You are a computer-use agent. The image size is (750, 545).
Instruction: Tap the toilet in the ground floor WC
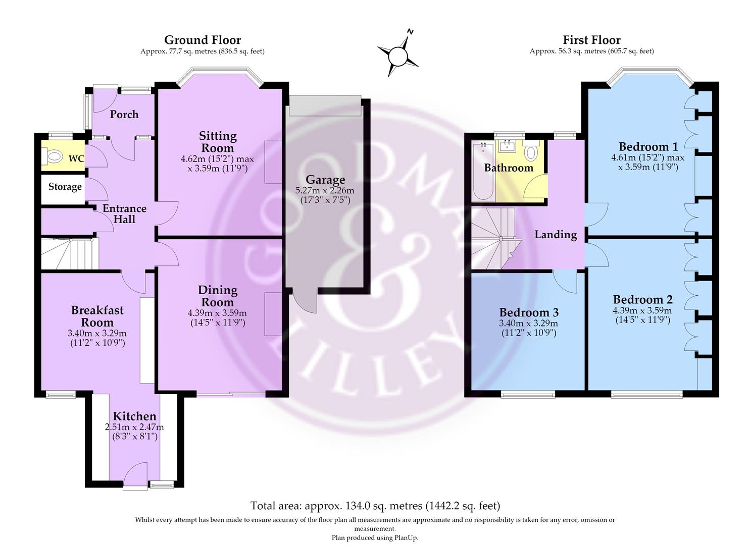pos(53,156)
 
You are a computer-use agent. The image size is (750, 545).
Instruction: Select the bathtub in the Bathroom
pos(483,171)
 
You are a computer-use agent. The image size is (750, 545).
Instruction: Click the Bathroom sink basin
pos(508,145)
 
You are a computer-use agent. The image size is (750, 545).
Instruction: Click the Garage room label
pos(325,180)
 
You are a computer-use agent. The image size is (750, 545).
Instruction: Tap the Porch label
pos(124,115)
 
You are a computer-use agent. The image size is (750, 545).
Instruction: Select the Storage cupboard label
pos(65,187)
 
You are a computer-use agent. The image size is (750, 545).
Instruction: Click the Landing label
pos(556,235)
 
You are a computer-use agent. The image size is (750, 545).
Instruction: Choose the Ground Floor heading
pos(203,40)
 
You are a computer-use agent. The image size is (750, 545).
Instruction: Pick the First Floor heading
pos(591,40)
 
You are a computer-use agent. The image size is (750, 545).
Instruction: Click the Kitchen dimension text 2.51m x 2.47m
pos(135,427)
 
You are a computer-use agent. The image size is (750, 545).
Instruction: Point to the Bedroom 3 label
pos(529,312)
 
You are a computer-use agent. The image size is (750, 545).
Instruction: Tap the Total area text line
pos(375,506)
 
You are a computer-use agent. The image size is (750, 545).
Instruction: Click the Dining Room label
pos(218,296)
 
